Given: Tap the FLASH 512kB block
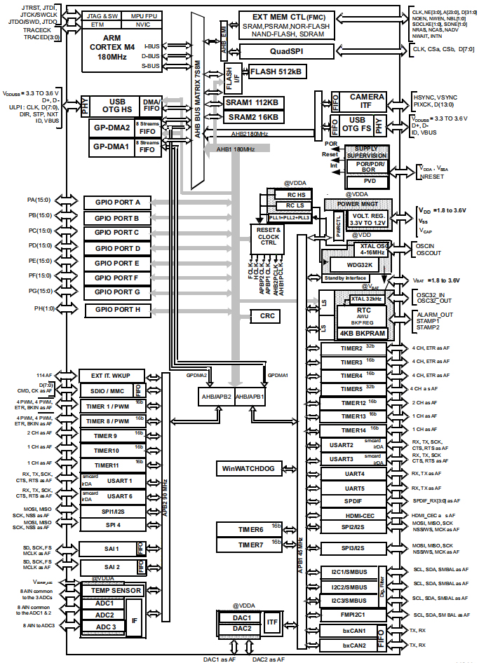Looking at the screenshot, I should (276, 71).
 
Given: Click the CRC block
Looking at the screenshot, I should (267, 316).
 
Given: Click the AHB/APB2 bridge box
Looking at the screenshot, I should (215, 396).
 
